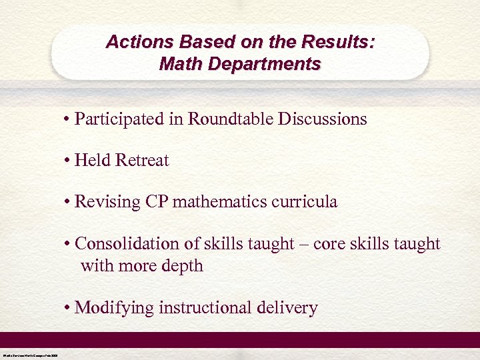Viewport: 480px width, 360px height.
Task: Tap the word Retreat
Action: [142, 161]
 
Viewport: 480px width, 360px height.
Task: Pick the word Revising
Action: [107, 202]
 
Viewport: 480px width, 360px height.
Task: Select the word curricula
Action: [309, 202]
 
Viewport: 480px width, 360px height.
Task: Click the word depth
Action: [181, 266]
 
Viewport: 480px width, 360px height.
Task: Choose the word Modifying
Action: [113, 308]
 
